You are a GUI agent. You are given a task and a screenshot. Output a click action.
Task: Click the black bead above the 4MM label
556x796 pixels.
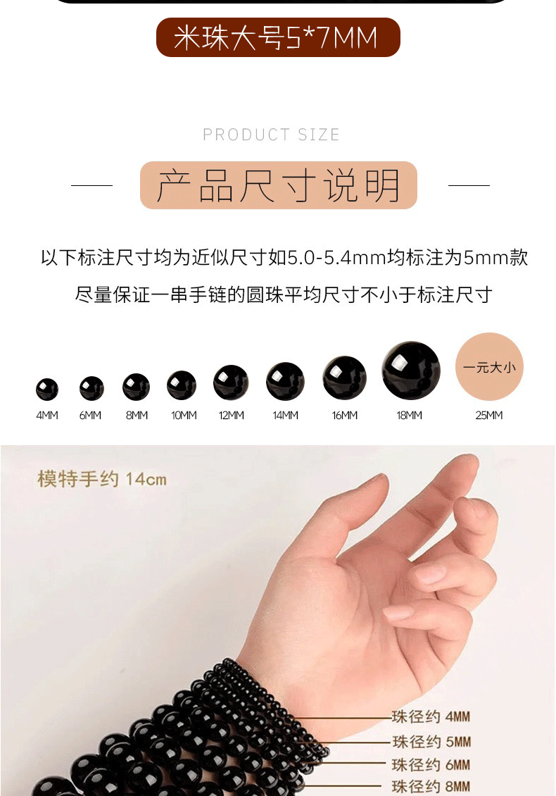47,390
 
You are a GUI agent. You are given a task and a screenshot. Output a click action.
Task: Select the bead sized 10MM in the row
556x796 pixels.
182,385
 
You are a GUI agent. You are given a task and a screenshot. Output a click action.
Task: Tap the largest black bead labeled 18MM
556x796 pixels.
411,370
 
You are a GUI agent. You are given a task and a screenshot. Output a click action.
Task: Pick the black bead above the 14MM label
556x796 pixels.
285,381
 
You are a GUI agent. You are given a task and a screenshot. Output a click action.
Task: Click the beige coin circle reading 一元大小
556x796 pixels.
490,366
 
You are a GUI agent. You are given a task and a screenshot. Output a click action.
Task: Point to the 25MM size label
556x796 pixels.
489,416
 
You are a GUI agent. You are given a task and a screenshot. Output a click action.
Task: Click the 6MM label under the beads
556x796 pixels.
90,416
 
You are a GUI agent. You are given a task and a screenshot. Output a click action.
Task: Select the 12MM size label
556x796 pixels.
232,416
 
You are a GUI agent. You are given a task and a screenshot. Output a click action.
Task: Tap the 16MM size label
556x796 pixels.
345,416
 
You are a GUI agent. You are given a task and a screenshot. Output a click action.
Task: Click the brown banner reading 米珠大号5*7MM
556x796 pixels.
278,37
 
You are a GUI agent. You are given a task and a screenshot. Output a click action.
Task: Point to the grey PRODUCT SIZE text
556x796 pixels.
272,135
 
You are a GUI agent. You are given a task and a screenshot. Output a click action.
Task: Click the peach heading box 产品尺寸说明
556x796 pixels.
279,185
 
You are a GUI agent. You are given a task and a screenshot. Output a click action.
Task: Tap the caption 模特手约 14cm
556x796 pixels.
102,479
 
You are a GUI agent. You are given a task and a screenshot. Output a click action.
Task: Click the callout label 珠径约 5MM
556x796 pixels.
431,742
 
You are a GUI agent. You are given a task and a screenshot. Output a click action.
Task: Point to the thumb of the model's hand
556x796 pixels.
355,513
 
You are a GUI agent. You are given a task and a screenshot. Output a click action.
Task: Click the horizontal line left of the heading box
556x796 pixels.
91,185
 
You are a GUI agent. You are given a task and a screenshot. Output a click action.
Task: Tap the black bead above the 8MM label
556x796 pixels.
136,387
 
